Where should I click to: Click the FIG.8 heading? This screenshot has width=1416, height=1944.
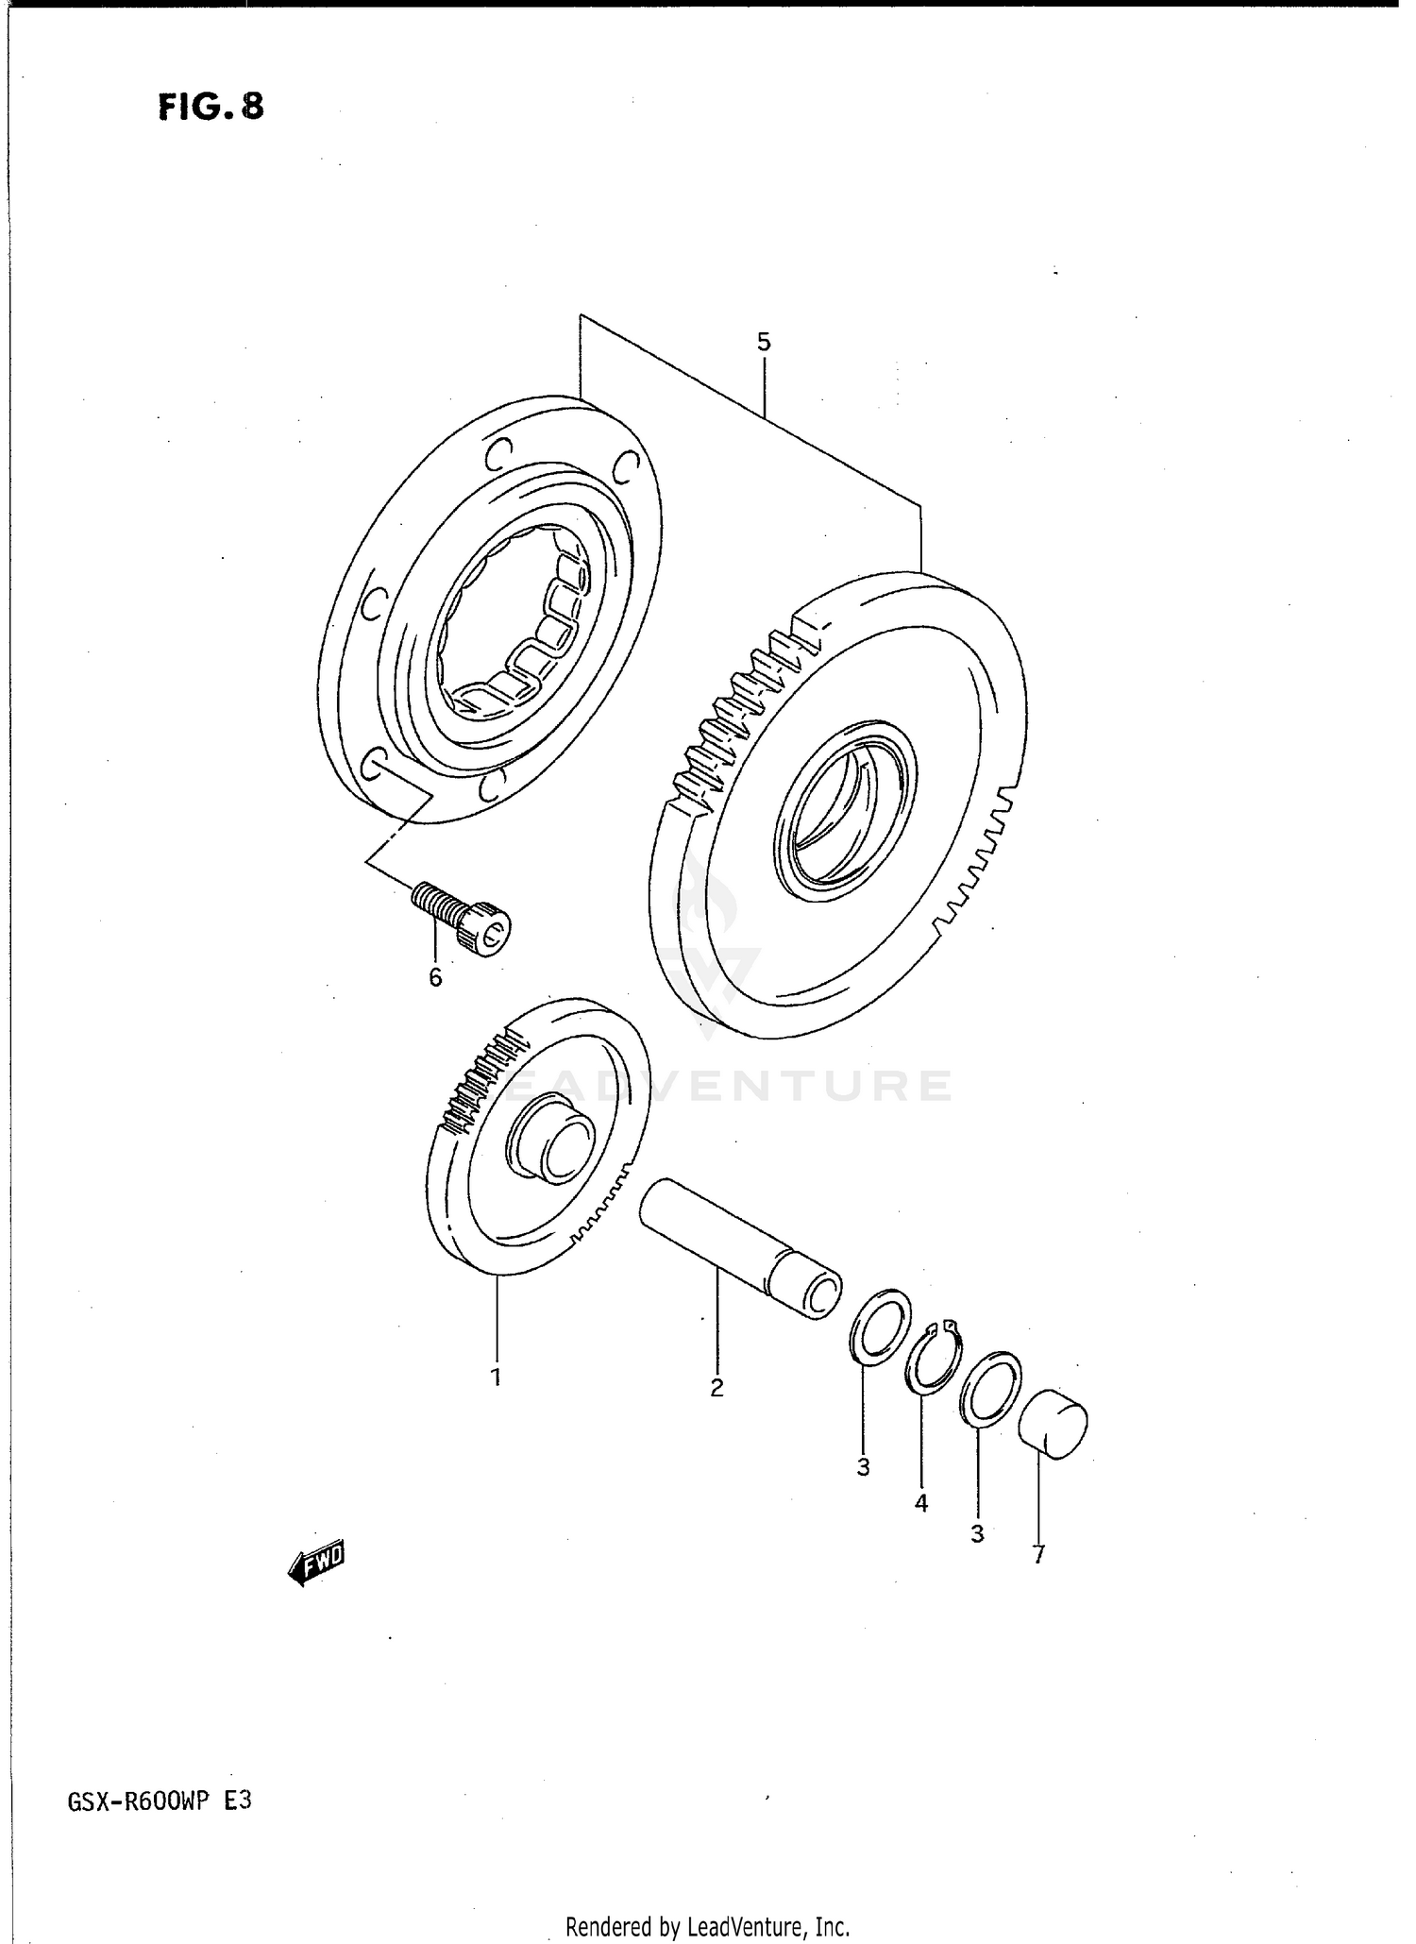[211, 107]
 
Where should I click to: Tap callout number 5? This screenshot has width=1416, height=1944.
[764, 342]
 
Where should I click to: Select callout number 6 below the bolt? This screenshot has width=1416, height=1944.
[435, 978]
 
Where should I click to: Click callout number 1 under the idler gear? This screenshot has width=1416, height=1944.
[496, 1378]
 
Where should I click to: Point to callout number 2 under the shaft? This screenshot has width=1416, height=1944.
[716, 1388]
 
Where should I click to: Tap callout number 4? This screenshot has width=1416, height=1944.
[921, 1502]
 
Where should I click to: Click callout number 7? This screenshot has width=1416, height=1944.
[1038, 1555]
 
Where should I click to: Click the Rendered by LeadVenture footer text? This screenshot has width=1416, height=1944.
[708, 1926]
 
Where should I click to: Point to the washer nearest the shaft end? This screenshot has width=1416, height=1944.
[880, 1326]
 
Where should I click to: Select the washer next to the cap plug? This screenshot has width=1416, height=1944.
[989, 1390]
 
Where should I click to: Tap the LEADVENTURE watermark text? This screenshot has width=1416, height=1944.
[727, 1086]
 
